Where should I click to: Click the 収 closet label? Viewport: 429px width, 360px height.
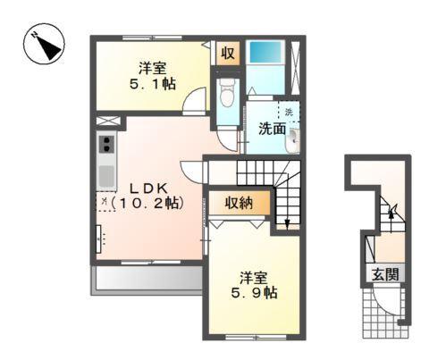pos(228,53)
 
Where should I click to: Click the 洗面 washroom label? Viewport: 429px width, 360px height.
pos(272,128)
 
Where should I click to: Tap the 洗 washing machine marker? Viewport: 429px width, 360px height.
pos(289,112)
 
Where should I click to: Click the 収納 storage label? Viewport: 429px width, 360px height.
pos(239,202)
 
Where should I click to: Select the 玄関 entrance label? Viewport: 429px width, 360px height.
pos(387,275)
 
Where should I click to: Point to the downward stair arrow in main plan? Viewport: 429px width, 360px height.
pos(286,219)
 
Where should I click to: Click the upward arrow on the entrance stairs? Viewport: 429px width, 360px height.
pos(391,215)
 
